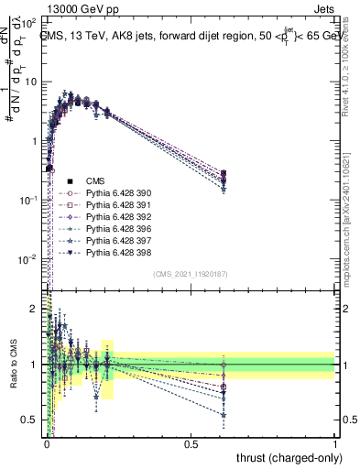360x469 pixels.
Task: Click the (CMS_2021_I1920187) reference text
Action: coord(191,274)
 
